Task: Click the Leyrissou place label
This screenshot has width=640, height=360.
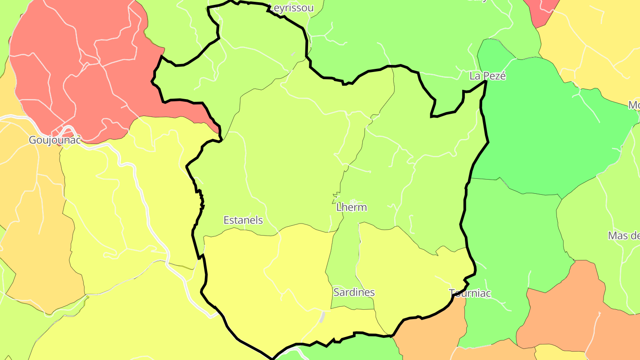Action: click(291, 8)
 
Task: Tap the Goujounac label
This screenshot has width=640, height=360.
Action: click(55, 140)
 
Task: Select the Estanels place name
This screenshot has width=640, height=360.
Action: click(243, 220)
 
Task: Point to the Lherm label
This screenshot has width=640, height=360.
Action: click(352, 207)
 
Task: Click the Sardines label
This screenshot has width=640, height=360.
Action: click(354, 292)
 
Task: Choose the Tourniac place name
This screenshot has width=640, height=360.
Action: click(470, 293)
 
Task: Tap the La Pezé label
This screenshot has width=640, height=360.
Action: click(488, 76)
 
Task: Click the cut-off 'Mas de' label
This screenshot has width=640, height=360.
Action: click(624, 236)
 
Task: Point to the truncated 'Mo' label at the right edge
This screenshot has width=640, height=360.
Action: click(634, 106)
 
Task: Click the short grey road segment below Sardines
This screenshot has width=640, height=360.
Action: click(322, 316)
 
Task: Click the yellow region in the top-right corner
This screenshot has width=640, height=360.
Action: click(596, 40)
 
